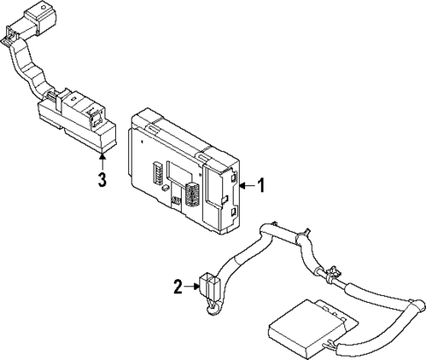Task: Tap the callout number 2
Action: pos(177,286)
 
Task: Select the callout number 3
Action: pos(104,181)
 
